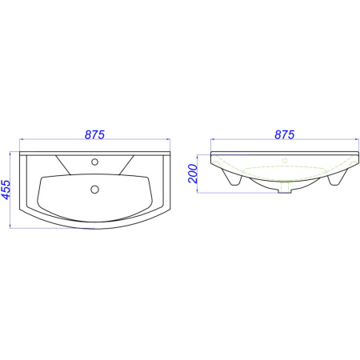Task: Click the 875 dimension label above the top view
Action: (94, 134)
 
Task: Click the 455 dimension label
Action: (6, 190)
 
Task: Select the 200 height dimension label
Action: (193, 174)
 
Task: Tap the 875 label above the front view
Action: (285, 134)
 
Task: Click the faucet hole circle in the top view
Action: (94, 162)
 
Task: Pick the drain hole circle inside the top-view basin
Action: (94, 190)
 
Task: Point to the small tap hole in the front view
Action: (285, 160)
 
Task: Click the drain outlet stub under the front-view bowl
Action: (285, 186)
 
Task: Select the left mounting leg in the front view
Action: (233, 178)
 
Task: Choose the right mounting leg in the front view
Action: (338, 178)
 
